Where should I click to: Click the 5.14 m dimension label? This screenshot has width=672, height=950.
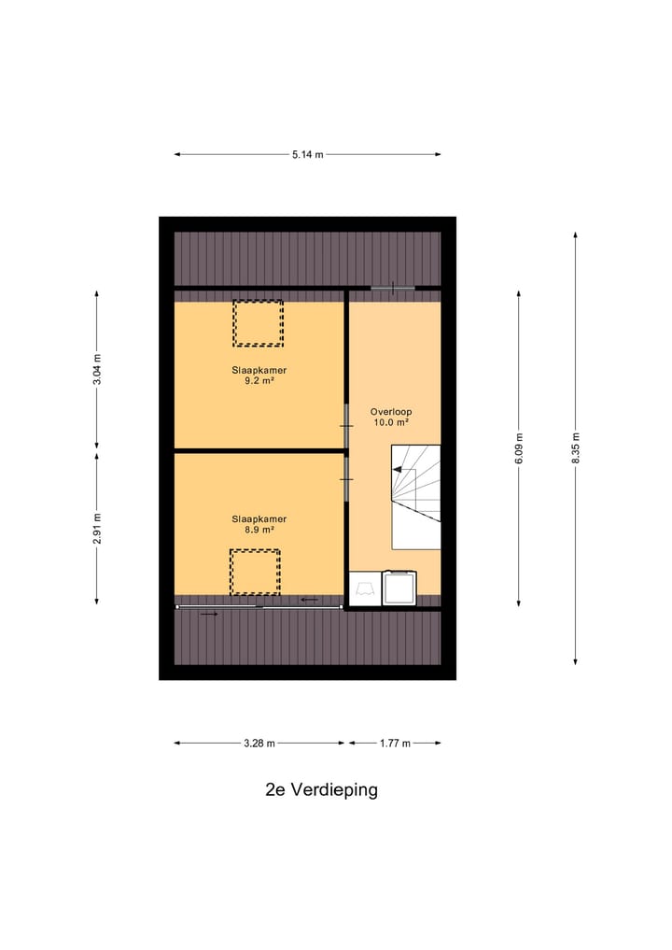pyautogui.click(x=307, y=155)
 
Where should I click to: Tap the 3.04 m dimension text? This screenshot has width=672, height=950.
pyautogui.click(x=97, y=368)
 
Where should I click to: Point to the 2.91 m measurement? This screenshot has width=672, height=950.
pyautogui.click(x=97, y=528)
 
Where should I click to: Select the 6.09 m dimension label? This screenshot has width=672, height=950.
pyautogui.click(x=519, y=448)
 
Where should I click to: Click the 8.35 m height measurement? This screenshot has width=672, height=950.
pyautogui.click(x=576, y=448)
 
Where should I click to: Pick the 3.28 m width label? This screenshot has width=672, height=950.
pyautogui.click(x=259, y=744)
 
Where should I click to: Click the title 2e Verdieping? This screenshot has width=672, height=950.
pyautogui.click(x=321, y=789)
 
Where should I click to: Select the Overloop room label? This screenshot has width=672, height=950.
pyautogui.click(x=390, y=411)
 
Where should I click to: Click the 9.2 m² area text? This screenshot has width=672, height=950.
pyautogui.click(x=259, y=381)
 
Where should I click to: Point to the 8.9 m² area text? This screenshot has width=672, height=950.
pyautogui.click(x=259, y=530)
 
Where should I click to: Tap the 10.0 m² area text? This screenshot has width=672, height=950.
pyautogui.click(x=390, y=422)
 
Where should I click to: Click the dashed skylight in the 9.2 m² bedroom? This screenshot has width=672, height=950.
pyautogui.click(x=258, y=323)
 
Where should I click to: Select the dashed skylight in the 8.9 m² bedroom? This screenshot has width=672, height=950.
pyautogui.click(x=255, y=572)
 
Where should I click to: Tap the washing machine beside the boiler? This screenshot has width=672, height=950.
pyautogui.click(x=399, y=588)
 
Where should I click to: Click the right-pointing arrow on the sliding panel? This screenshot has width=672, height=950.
pyautogui.click(x=209, y=614)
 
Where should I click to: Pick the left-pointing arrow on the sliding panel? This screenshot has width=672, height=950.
pyautogui.click(x=308, y=600)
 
